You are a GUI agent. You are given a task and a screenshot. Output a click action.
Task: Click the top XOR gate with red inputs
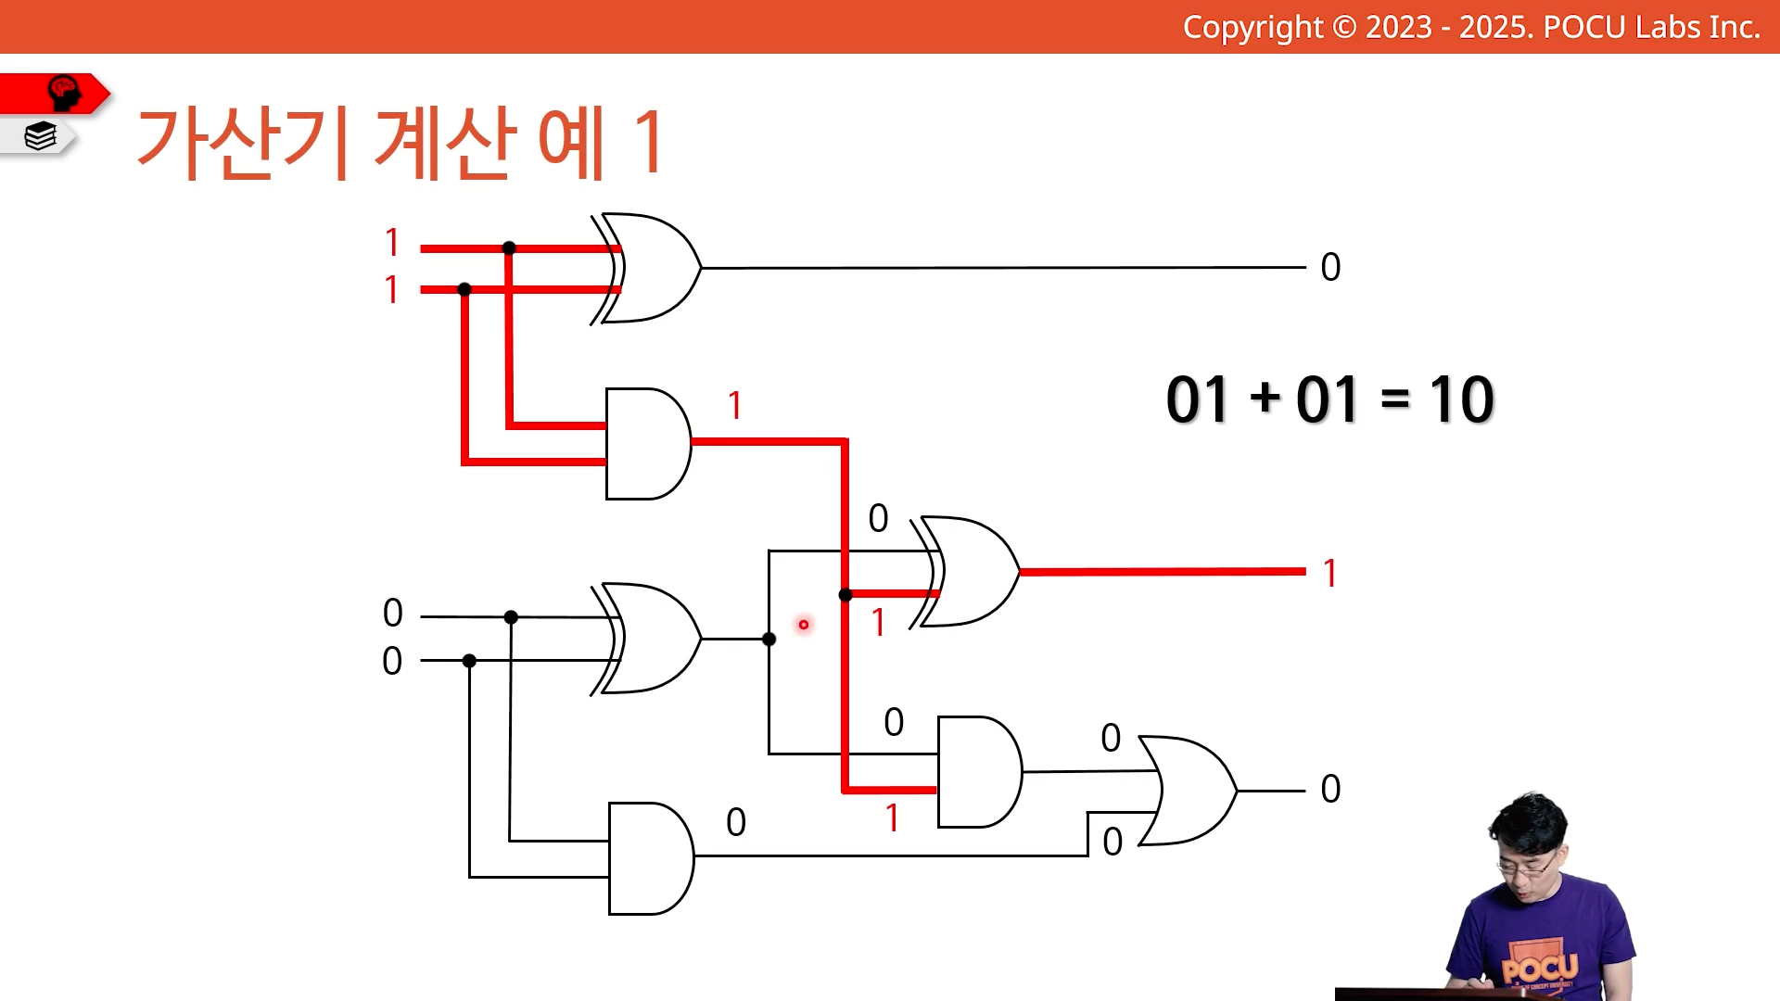pos(649,268)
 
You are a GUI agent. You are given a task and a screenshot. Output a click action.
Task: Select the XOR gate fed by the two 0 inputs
pos(649,639)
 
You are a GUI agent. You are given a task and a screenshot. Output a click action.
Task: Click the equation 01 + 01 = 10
pos(1329,400)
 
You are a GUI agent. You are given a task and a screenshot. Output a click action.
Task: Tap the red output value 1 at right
pos(1330,574)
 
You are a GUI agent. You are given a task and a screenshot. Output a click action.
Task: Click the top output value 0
pos(1330,268)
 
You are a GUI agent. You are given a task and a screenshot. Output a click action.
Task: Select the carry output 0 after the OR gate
pos(1330,790)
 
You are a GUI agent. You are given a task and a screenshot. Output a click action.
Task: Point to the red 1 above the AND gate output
pos(735,405)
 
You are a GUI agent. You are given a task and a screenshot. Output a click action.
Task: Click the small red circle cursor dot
pos(804,625)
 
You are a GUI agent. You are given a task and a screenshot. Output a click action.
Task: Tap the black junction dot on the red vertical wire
pos(845,595)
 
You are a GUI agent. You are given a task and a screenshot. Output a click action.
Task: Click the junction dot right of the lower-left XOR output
pos(769,639)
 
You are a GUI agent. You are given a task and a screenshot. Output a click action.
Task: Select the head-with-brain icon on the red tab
pos(64,93)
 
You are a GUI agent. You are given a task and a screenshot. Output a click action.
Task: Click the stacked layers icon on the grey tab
pos(41,136)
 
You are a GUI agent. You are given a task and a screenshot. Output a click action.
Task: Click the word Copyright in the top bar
pos(1253,28)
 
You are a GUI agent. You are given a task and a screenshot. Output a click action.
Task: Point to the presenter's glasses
pos(1528,866)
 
